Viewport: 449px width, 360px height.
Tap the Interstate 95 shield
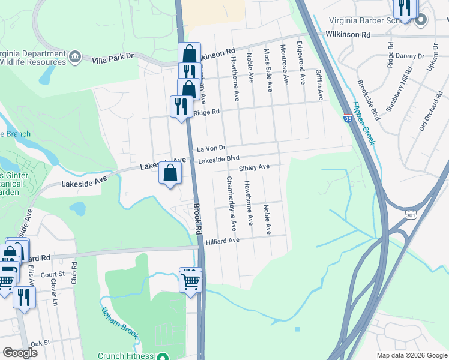coord(348,118)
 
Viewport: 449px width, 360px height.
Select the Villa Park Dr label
coord(112,59)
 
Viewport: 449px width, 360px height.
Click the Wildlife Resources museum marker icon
coord(75,56)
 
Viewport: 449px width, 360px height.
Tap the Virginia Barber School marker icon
coord(420,19)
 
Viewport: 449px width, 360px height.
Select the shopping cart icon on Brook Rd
coord(190,279)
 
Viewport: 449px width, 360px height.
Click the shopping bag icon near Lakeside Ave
coord(170,173)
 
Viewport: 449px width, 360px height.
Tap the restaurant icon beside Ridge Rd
coord(181,107)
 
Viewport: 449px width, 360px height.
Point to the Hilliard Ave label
coord(223,241)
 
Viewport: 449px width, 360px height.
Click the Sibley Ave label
coord(254,169)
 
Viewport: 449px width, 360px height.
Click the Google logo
coord(20,353)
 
